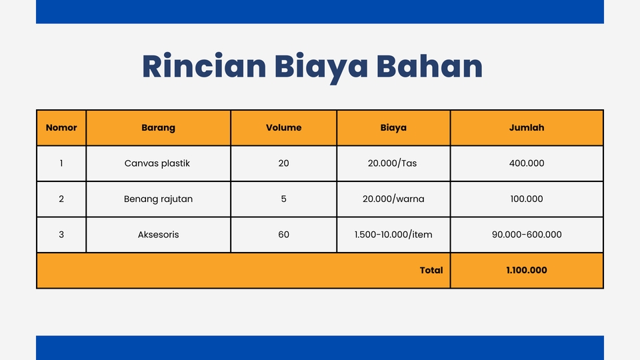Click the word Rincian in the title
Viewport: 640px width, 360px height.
pos(204,66)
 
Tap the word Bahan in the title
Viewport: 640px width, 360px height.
pos(429,66)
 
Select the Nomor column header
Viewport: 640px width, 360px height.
pos(61,128)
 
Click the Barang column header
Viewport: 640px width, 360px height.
pos(159,128)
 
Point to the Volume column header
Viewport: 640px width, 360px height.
pos(284,128)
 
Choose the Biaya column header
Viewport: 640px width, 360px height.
pos(393,128)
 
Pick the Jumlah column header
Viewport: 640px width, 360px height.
pos(527,128)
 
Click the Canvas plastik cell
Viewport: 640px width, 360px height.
pos(157,163)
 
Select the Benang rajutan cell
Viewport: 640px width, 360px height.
pos(159,199)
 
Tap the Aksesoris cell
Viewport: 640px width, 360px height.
pos(159,235)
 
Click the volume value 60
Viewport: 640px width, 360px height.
pos(284,235)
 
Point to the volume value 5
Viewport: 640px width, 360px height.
pos(284,199)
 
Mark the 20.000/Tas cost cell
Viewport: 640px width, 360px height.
pos(392,163)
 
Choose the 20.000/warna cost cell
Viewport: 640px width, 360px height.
pos(393,199)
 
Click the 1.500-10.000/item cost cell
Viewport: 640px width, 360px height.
pos(393,235)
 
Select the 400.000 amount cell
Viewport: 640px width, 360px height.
pos(527,163)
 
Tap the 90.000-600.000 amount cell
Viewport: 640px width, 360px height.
pos(527,235)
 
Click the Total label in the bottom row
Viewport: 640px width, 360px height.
pos(431,270)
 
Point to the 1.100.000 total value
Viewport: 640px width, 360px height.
pos(527,270)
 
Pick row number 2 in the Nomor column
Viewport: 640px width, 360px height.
pos(61,199)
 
